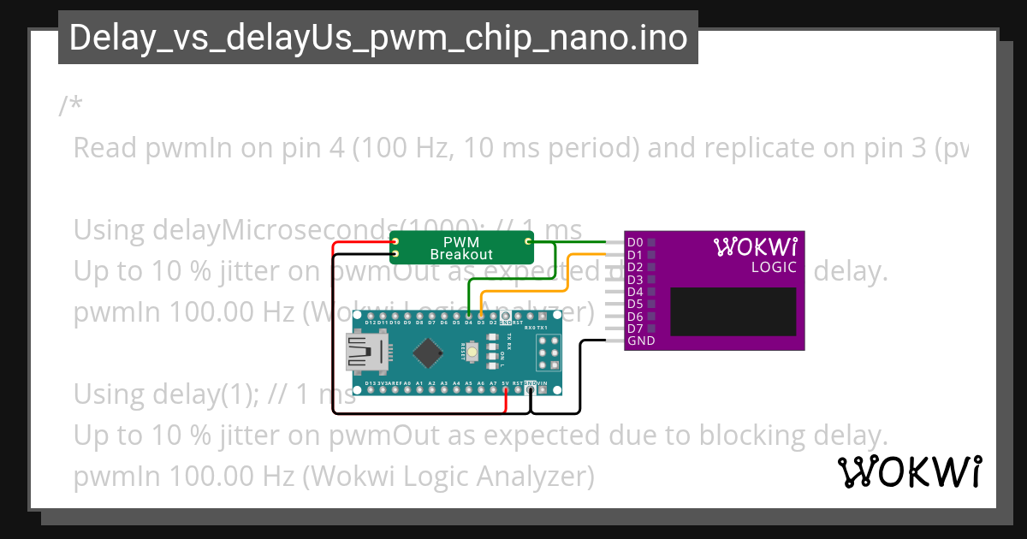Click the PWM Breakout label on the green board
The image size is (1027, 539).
pyautogui.click(x=461, y=248)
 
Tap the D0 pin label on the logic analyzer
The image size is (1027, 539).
pyautogui.click(x=634, y=242)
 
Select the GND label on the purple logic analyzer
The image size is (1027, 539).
pyautogui.click(x=640, y=341)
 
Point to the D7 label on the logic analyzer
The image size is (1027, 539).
pyautogui.click(x=634, y=329)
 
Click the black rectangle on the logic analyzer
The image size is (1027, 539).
pyautogui.click(x=733, y=311)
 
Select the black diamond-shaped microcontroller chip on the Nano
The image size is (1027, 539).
pyautogui.click(x=427, y=352)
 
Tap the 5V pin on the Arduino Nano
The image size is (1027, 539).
pyautogui.click(x=506, y=389)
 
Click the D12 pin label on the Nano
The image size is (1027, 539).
pyautogui.click(x=370, y=322)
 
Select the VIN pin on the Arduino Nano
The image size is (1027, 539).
pyautogui.click(x=543, y=389)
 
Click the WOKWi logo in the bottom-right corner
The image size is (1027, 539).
pyautogui.click(x=909, y=471)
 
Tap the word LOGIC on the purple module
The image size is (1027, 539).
pyautogui.click(x=774, y=267)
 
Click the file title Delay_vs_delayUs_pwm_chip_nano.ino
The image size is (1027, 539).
pyautogui.click(x=377, y=38)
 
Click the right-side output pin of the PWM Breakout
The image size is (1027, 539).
pyautogui.click(x=528, y=242)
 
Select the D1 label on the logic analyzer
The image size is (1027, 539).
pyautogui.click(x=634, y=255)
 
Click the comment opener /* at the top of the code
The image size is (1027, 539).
pyautogui.click(x=71, y=106)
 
